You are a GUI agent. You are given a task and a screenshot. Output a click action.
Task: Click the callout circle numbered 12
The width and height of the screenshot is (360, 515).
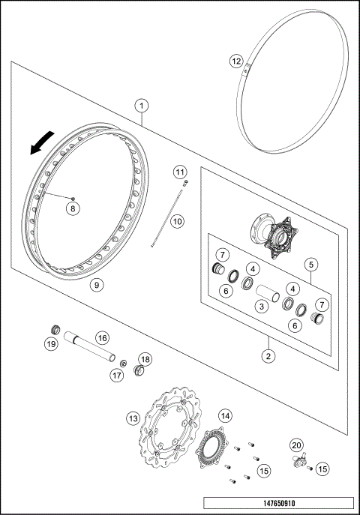click(x=235, y=60)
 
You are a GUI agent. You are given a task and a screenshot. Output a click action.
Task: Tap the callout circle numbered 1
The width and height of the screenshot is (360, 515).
click(x=142, y=106)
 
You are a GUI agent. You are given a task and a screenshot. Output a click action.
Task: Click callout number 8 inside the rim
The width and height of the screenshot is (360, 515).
click(x=72, y=208)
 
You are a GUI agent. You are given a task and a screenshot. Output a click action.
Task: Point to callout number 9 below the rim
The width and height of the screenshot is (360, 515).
click(x=96, y=284)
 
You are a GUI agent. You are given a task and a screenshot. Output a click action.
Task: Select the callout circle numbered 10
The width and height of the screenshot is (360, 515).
click(x=177, y=221)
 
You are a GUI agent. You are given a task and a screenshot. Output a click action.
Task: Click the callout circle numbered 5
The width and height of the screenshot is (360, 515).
click(x=310, y=264)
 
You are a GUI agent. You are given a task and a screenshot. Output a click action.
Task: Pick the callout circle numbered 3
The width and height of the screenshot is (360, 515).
click(x=261, y=306)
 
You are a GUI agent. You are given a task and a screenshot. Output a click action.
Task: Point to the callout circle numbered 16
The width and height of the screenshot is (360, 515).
click(x=101, y=338)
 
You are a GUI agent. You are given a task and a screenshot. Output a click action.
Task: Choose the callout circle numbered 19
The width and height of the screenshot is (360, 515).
click(x=51, y=344)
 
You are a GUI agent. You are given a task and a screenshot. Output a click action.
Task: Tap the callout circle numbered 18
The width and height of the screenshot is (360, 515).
click(x=145, y=359)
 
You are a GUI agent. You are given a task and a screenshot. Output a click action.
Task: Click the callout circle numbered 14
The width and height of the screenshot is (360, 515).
click(x=224, y=415)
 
